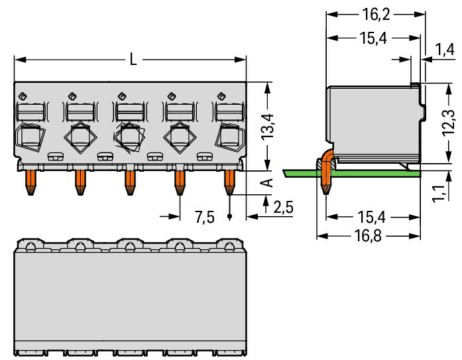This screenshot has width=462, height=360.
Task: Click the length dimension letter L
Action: [x=133, y=60]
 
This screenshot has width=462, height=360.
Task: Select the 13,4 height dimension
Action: [x=268, y=127]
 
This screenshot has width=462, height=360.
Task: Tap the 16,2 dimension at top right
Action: [x=376, y=15]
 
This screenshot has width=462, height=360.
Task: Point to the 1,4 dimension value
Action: [x=444, y=50]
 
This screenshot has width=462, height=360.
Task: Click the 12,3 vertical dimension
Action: [x=449, y=122]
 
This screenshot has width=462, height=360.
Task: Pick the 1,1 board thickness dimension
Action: [x=439, y=194]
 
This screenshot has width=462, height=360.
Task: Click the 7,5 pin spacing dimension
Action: [x=204, y=217]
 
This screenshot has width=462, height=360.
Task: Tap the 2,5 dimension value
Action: [x=284, y=208]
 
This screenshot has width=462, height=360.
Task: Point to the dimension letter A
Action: [x=268, y=182]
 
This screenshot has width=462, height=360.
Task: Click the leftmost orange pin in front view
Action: [x=30, y=182]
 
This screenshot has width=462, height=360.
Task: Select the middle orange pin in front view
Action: [x=130, y=182]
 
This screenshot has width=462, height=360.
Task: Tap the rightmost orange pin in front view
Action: [x=229, y=182]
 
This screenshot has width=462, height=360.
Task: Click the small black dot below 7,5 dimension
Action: [x=229, y=217]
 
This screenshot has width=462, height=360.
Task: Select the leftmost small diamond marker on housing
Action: [x=23, y=96]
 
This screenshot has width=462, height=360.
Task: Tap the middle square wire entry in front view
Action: [x=130, y=137]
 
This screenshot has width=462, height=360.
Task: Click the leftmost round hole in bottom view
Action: [x=30, y=247]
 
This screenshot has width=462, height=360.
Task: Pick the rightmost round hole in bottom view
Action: [x=229, y=247]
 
